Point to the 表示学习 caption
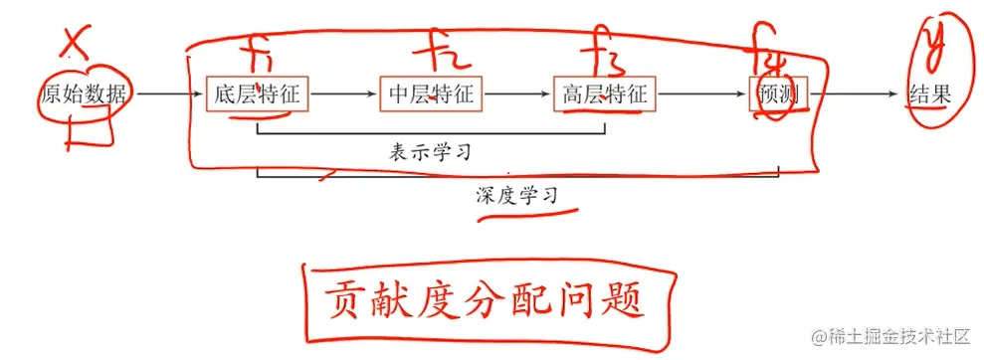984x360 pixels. (429, 153)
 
